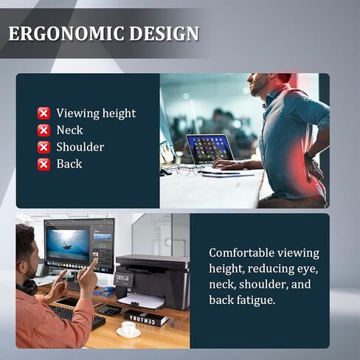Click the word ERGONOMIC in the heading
[x=66, y=33]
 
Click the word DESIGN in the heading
[x=164, y=33]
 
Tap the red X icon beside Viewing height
[x=44, y=114]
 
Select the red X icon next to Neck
[x=44, y=131]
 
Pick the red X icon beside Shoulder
[x=44, y=148]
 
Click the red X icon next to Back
[x=44, y=165]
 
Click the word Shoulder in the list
[x=80, y=147]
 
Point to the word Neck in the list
[x=69, y=130]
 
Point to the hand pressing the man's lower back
[x=314, y=168]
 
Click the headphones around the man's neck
[x=27, y=287]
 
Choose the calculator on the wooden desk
[x=109, y=310]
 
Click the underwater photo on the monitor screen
[x=68, y=245]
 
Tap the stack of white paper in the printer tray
[x=142, y=300]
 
